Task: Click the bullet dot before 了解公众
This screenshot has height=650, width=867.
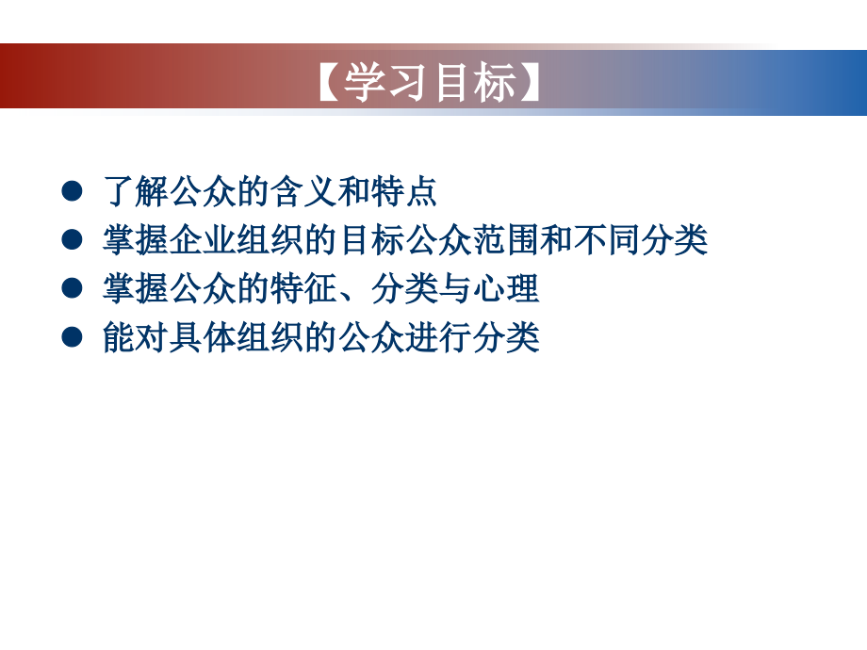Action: pos(71,191)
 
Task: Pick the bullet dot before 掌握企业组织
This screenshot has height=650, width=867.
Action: pos(71,240)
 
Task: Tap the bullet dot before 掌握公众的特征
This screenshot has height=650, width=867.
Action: pos(71,289)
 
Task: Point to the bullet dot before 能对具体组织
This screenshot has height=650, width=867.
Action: pos(71,338)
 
